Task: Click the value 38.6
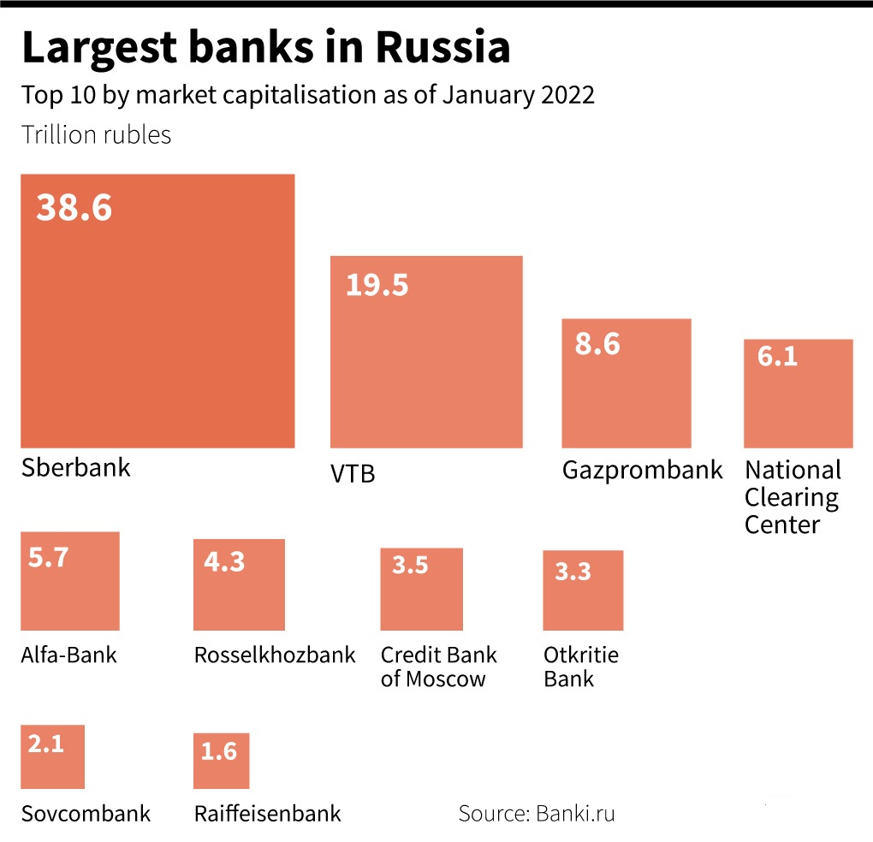point(74,207)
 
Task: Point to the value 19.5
point(377,285)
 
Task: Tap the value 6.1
point(777,356)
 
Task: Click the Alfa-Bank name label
point(68,655)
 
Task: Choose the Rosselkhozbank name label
point(275,655)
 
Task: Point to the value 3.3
point(573,571)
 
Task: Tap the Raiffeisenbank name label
point(268,813)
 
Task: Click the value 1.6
point(218,751)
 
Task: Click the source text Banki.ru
point(575,813)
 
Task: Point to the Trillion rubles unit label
point(96,135)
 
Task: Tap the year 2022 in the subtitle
point(567,94)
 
